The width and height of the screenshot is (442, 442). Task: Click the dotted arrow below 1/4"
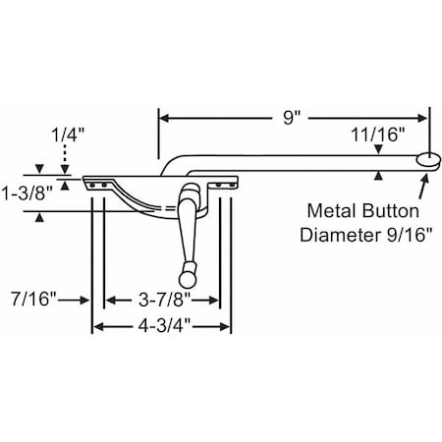pyautogui.click(x=65, y=158)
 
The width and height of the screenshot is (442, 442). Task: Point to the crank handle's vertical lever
pyautogui.click(x=184, y=231)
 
